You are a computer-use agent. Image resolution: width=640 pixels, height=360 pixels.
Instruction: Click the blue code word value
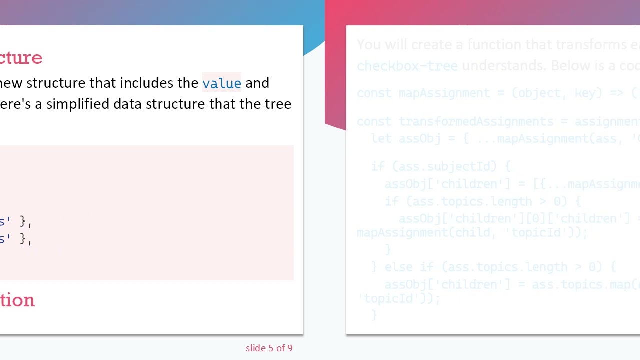(x=221, y=83)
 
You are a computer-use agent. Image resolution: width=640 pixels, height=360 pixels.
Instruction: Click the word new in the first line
(x=11, y=83)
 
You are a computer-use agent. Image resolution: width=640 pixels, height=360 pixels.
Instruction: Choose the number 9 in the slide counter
(x=289, y=348)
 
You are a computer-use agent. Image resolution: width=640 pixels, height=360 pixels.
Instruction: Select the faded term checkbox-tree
(x=407, y=66)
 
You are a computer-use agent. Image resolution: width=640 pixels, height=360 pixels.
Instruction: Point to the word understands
(x=504, y=66)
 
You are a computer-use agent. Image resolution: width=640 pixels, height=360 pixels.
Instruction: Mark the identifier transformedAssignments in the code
(x=476, y=121)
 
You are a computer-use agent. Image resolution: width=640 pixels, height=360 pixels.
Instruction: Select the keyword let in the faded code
(x=381, y=138)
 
